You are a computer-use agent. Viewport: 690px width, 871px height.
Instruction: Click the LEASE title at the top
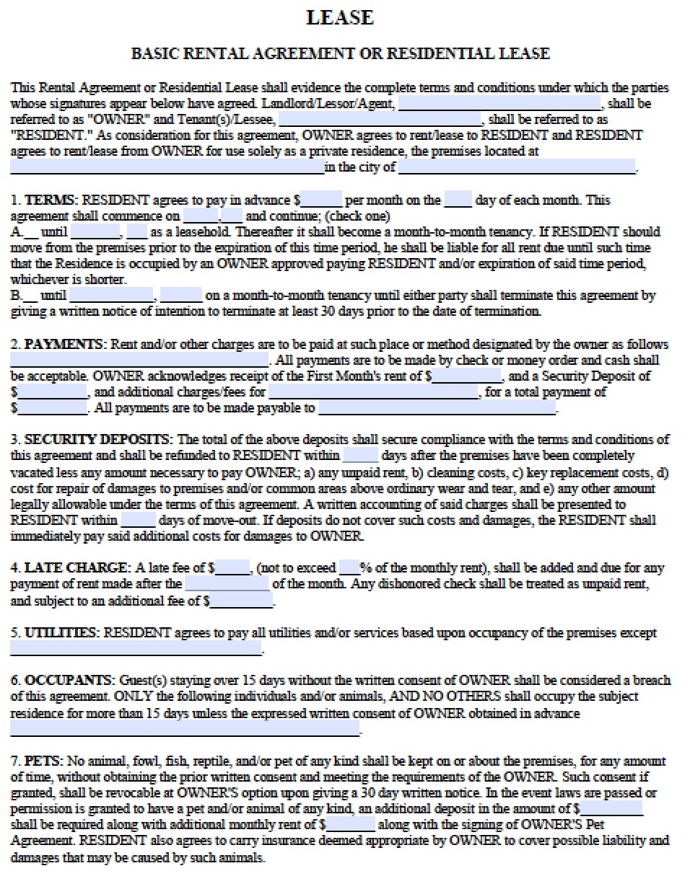tap(340, 18)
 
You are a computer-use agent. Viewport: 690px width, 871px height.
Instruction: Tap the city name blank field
tap(517, 167)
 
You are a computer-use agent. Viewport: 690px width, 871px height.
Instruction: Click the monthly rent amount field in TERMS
tap(321, 200)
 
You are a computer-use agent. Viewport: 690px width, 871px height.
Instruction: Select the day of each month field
tap(458, 200)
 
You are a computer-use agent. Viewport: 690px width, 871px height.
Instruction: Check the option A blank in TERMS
tap(31, 232)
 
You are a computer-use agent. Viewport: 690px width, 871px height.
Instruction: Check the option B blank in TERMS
tap(31, 296)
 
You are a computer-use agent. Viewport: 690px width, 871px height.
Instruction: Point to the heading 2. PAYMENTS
tap(57, 344)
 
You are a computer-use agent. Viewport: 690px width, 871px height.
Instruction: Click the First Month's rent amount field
tap(466, 376)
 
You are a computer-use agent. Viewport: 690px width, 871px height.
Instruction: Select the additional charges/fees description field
tap(372, 392)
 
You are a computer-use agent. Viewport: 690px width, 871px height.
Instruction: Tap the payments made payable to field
tap(437, 408)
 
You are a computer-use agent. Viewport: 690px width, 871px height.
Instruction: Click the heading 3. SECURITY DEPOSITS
tap(91, 439)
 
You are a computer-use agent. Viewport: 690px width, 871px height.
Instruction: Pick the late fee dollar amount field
tap(232, 567)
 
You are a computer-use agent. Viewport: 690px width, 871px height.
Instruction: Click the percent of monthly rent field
tap(349, 567)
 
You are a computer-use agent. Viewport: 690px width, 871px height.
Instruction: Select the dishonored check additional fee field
tap(243, 600)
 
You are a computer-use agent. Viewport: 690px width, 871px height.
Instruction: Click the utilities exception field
tap(136, 648)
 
